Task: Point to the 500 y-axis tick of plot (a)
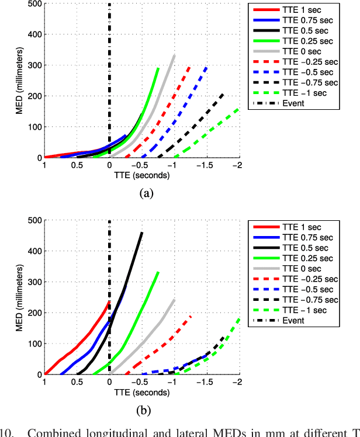[x=34, y=4]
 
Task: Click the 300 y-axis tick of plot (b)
[x=34, y=282]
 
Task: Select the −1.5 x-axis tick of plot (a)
[x=206, y=165]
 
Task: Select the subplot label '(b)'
[x=143, y=410]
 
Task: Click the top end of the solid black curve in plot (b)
[x=141, y=233]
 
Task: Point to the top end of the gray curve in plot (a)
[x=174, y=55]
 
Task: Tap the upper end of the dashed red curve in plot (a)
[x=190, y=67]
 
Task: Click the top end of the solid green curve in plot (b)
[x=158, y=272]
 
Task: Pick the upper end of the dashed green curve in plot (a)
[x=238, y=107]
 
